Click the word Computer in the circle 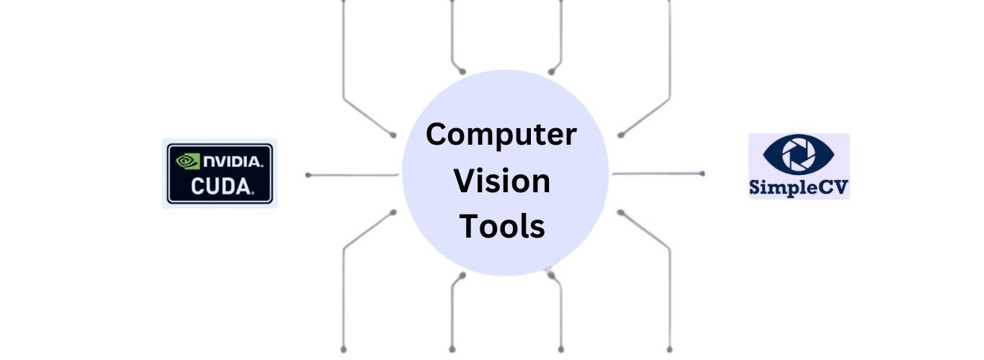pyautogui.click(x=501, y=135)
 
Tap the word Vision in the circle pyautogui.click(x=501, y=181)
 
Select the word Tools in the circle pyautogui.click(x=502, y=226)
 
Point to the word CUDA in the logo pyautogui.click(x=221, y=187)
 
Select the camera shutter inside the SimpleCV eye pyautogui.click(x=798, y=154)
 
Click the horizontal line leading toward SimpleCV pyautogui.click(x=657, y=174)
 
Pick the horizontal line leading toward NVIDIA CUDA pyautogui.click(x=353, y=174)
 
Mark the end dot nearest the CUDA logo pyautogui.click(x=308, y=174)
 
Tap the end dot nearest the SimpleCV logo pyautogui.click(x=702, y=174)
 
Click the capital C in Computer pyautogui.click(x=435, y=135)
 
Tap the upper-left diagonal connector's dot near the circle pyautogui.click(x=393, y=135)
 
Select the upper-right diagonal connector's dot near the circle pyautogui.click(x=620, y=135)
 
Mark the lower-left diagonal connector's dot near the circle pyautogui.click(x=393, y=212)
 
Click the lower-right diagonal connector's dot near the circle pyautogui.click(x=620, y=212)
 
